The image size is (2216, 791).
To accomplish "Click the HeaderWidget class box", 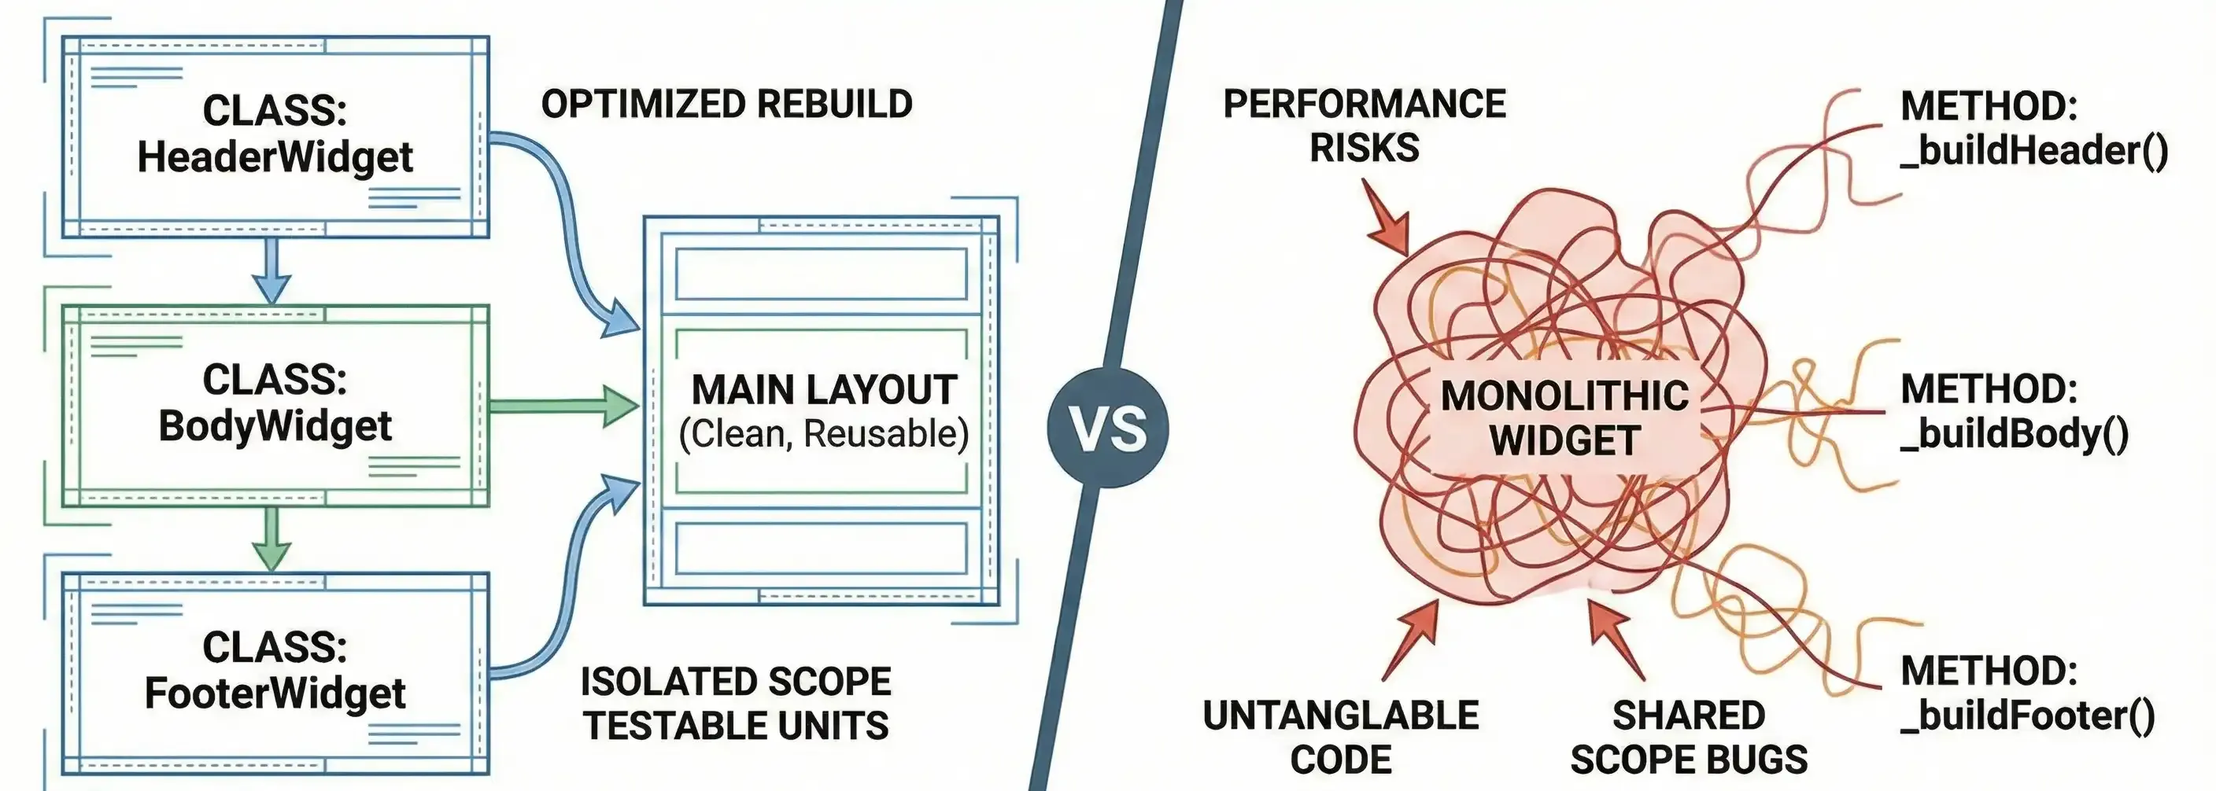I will coord(275,136).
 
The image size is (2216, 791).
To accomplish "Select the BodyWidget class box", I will coord(275,404).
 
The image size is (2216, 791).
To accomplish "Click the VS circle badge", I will coord(1107,427).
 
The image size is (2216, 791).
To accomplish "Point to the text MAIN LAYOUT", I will coord(823,390).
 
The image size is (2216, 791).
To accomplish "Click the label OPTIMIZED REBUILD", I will coord(727,104).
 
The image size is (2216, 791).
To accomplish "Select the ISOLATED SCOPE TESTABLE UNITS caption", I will coord(736,703).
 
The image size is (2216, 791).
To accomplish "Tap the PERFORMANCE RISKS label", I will coord(1365,126).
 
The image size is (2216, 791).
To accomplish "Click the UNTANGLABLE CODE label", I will coord(1340,737).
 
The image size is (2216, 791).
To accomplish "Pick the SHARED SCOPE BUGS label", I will coord(1688,737).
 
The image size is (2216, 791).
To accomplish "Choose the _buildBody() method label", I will coord(2013,411).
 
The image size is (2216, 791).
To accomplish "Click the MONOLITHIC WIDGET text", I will coord(1564,418).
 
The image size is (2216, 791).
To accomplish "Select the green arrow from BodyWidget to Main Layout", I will coord(564,406).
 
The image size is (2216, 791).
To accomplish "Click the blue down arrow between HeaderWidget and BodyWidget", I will coord(271,270).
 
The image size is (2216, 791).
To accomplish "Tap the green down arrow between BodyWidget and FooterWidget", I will coord(271,539).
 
